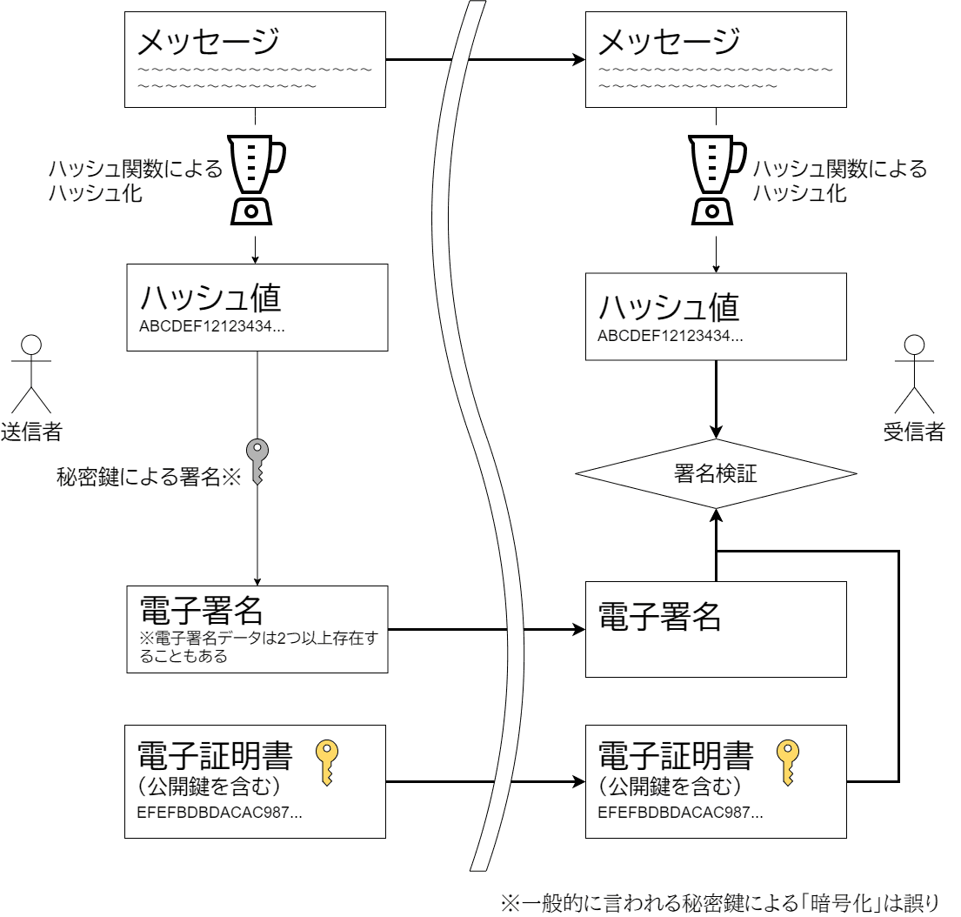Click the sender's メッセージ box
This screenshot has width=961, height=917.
click(x=256, y=59)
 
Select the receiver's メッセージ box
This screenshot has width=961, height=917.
click(x=716, y=59)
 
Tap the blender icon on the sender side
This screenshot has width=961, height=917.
click(x=256, y=179)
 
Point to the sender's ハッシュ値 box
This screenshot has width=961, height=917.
click(x=257, y=308)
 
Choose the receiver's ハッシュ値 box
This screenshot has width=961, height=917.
click(x=716, y=317)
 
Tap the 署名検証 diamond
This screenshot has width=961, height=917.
click(x=716, y=473)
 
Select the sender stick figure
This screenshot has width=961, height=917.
click(x=31, y=374)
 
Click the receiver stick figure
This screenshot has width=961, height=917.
click(x=913, y=374)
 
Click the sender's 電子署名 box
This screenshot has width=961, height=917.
click(x=257, y=629)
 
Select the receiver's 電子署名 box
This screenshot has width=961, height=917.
click(x=716, y=629)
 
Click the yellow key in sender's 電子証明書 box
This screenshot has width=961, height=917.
click(x=326, y=762)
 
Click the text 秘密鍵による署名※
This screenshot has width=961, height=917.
click(x=148, y=476)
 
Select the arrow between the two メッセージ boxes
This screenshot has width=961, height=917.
click(x=485, y=60)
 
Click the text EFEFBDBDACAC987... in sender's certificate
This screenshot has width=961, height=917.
click(x=219, y=813)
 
